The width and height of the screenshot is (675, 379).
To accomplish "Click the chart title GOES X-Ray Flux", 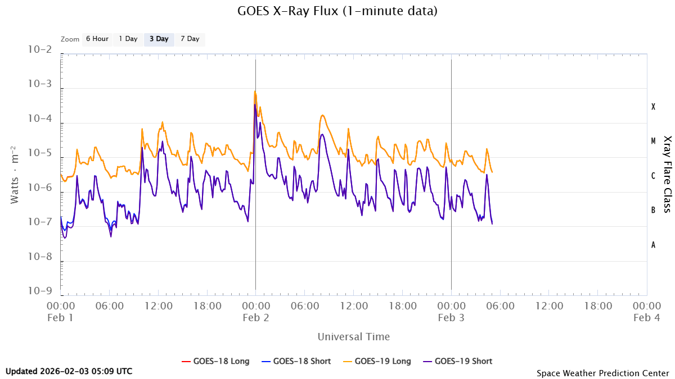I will click(337, 11).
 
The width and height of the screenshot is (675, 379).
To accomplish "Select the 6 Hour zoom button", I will click(97, 39).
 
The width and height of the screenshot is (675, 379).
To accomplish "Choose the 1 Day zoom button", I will click(128, 39).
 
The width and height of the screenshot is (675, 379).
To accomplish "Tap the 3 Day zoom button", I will click(159, 39).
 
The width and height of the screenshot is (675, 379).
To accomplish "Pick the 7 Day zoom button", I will click(190, 39).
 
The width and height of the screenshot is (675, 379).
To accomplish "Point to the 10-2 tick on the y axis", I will click(40, 50).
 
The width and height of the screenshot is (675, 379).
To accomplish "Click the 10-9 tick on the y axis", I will click(40, 291).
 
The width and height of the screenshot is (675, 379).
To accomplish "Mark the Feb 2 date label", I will click(255, 317).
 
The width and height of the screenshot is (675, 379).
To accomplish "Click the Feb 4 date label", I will click(646, 317).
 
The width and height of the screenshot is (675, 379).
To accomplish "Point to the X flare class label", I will click(653, 107).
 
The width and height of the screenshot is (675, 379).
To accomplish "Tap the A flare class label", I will click(653, 245).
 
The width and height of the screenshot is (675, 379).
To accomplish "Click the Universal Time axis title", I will click(353, 337).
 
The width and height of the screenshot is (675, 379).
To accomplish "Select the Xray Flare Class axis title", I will click(668, 174).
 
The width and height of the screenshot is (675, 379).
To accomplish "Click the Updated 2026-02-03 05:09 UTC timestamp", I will click(69, 371).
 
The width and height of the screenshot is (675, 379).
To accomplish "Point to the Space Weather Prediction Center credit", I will click(602, 373).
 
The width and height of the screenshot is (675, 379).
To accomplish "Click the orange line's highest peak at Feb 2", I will click(255, 92).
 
